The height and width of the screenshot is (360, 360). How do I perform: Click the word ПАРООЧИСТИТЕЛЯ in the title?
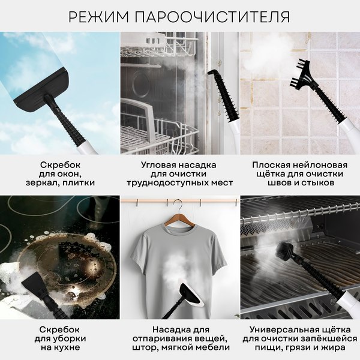click(216, 16)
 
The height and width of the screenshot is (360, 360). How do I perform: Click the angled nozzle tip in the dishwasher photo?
click(211, 74)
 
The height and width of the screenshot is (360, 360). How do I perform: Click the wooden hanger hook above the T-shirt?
click(179, 211)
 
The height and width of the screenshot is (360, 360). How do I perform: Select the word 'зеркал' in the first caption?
click(43, 183)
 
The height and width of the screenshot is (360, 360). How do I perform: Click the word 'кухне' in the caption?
click(60, 349)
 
